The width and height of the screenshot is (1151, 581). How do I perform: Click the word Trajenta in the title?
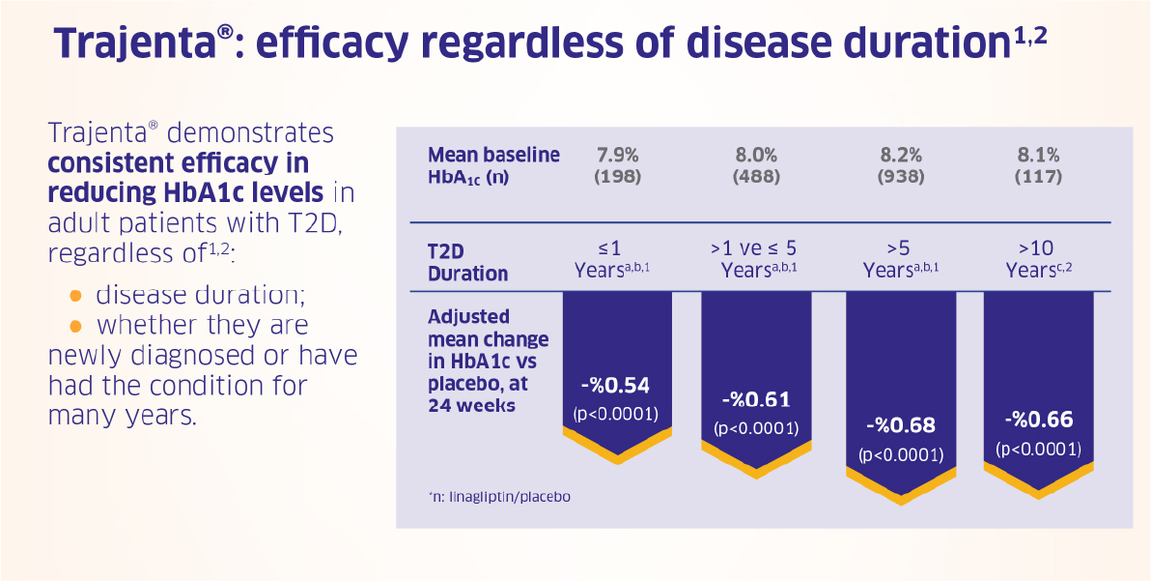coord(136,44)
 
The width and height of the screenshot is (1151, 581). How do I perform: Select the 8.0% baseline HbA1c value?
coord(757,157)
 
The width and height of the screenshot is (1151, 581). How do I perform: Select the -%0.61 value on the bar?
coord(756,399)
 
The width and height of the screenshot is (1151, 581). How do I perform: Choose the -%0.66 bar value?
coord(1038,421)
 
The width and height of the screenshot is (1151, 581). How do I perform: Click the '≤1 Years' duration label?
coord(613,258)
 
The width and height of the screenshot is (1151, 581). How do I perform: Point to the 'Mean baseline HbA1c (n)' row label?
coord(493,166)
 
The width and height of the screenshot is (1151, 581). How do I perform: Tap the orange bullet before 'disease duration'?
coord(75,295)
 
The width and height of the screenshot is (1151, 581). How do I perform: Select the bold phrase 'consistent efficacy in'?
coord(179,163)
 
